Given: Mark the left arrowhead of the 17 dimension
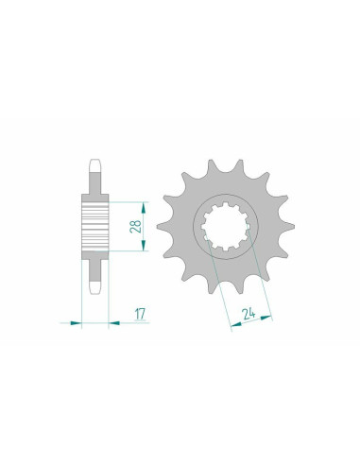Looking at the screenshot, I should click(78, 322).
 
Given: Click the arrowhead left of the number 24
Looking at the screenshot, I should click(230, 327).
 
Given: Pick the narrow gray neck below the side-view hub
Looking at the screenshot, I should click(94, 269).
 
